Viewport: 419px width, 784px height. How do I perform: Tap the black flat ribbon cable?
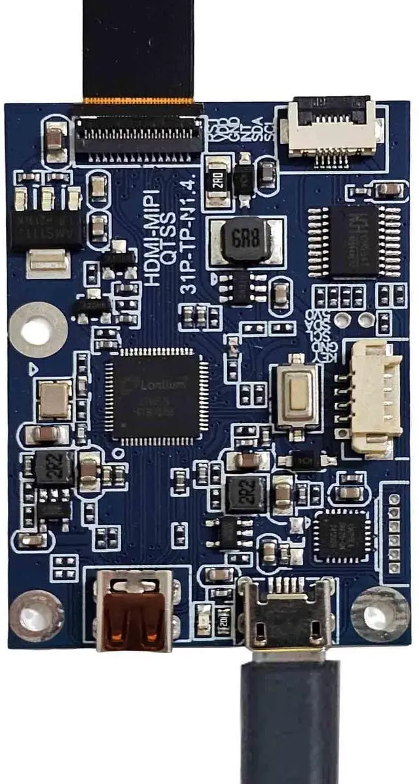point(138,52)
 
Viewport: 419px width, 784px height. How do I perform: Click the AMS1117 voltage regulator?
point(46,226)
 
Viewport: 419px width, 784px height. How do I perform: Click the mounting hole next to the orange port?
point(35,615)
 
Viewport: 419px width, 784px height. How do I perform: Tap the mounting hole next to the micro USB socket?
point(380,613)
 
